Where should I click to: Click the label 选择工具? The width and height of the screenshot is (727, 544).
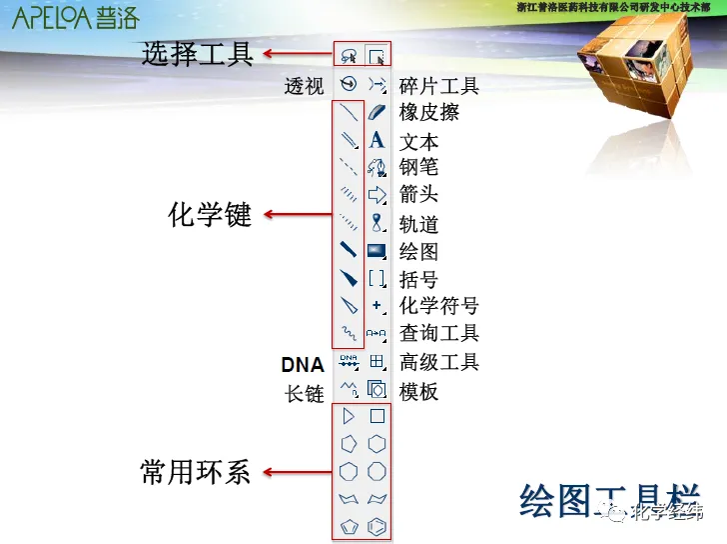pos(197,53)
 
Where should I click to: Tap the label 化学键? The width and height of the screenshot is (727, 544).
pos(210,213)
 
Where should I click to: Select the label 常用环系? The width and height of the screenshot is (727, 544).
pos(196,472)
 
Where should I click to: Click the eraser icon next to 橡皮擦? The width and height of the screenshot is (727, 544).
pos(376,112)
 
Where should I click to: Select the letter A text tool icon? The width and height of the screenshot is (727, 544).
pos(376,140)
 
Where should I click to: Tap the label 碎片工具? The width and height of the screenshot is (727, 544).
pos(439,86)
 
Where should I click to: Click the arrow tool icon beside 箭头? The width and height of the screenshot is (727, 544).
pos(376,194)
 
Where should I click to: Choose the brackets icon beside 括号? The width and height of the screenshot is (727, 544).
pos(376,279)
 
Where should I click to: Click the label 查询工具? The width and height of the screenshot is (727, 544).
pos(439,333)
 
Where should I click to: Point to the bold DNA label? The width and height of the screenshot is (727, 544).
pos(303,364)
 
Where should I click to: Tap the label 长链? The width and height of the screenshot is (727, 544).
pos(305,393)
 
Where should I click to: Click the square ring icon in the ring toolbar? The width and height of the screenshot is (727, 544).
pos(377,416)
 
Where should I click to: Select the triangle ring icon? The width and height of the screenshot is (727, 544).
pos(349,416)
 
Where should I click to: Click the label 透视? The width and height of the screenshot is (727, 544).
pos(305,86)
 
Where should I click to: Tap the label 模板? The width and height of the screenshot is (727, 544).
pos(419,391)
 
